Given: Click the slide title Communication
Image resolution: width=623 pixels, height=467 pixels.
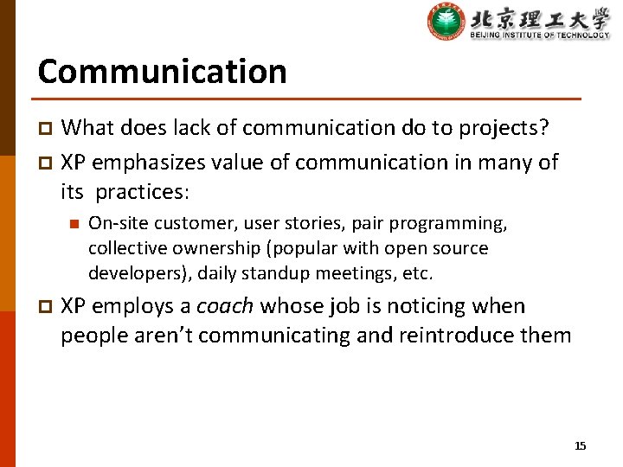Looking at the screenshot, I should point(162,71).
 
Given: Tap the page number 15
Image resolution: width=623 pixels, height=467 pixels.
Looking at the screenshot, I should point(580,445).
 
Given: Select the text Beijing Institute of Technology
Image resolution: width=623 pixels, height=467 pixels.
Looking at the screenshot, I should point(539,35).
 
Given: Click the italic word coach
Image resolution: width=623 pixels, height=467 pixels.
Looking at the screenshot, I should point(225,306).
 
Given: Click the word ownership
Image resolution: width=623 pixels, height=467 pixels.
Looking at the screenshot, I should point(213,249).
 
